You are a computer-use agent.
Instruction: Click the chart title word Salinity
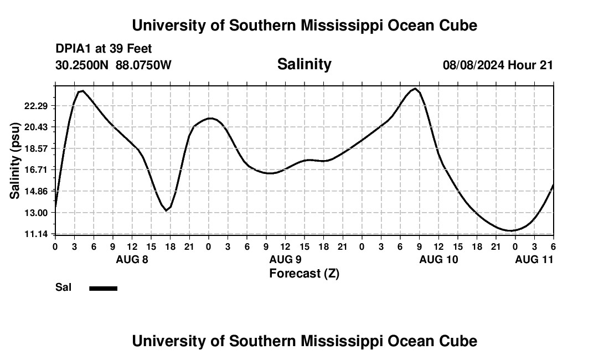[304, 64]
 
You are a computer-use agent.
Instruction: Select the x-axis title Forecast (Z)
[304, 273]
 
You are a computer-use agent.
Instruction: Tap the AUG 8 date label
[132, 259]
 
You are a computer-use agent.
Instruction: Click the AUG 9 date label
[285, 259]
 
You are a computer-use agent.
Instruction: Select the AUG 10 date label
[438, 259]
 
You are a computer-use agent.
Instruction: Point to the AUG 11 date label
[534, 259]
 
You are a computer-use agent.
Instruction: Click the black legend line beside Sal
[104, 288]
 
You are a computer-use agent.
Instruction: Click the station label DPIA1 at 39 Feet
[104, 49]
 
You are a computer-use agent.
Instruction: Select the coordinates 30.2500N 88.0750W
[113, 65]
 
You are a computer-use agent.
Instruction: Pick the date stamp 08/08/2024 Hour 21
[498, 65]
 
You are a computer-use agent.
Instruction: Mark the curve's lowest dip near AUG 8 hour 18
[166, 210]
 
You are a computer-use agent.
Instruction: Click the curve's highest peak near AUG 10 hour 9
[415, 89]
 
